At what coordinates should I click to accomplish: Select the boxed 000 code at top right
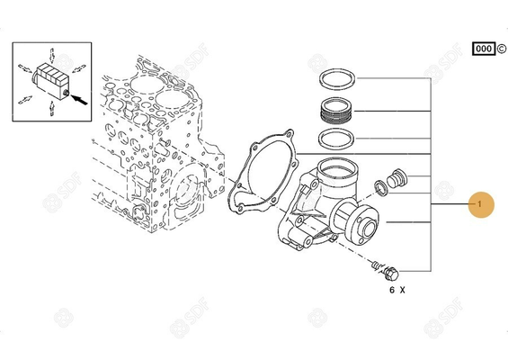[x=482, y=48]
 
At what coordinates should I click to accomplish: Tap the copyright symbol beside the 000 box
[x=499, y=48]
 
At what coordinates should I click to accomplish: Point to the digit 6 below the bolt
[x=391, y=291]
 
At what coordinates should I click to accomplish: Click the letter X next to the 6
[x=403, y=291]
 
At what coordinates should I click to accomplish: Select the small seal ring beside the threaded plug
[x=381, y=187]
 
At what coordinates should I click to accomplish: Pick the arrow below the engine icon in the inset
[x=51, y=108]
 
